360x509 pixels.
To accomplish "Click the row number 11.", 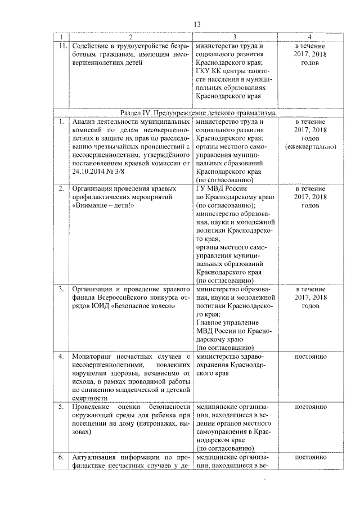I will coord(64,46).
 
